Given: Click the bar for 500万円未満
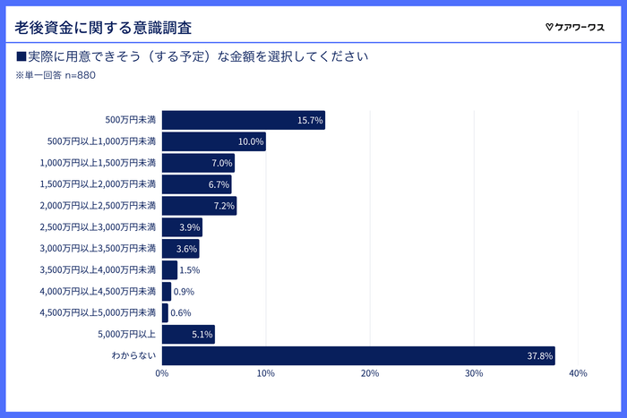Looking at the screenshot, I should [x=243, y=120].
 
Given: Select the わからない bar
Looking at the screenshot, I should [x=357, y=355].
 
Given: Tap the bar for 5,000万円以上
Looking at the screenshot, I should [x=188, y=334].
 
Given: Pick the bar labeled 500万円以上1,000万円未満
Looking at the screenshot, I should [x=213, y=141].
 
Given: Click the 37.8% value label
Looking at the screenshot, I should [x=540, y=356].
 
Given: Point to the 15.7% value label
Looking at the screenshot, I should [x=310, y=120].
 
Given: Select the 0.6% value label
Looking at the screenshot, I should [x=180, y=313].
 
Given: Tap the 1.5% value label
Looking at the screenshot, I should [x=189, y=270].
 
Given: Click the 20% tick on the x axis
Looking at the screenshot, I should [x=369, y=373].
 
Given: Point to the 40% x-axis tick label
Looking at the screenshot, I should [x=577, y=373].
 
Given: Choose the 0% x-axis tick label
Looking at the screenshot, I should [x=162, y=373].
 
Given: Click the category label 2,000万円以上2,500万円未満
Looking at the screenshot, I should [x=98, y=206].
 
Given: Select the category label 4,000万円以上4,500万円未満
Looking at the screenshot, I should [x=98, y=292].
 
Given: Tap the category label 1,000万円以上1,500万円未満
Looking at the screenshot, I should [x=98, y=163].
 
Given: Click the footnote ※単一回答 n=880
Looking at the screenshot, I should [x=56, y=75].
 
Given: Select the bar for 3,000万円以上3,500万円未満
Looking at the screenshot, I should [x=180, y=249].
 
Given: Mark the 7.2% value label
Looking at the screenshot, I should [x=223, y=206].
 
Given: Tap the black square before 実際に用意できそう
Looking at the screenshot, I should [x=21, y=56].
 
